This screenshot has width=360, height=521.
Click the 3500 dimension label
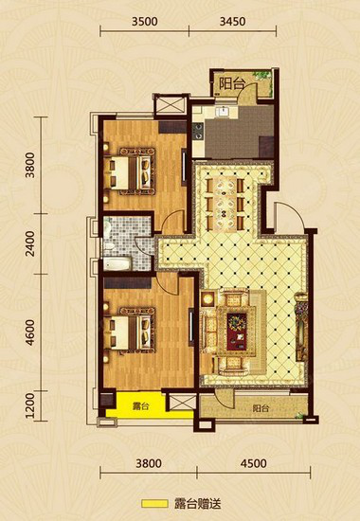coord(144,22)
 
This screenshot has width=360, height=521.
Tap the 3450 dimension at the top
coord(233,22)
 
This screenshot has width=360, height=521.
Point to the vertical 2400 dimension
coord(30,243)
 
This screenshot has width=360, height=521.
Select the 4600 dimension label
coord(30,332)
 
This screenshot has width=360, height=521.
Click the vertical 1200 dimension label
coord(30,406)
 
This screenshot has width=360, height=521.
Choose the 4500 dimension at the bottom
coord(254,463)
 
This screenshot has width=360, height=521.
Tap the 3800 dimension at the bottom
coord(149,463)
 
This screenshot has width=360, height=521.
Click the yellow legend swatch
coord(154,504)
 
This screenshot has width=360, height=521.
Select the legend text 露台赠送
coord(197,504)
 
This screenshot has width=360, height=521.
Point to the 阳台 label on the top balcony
coord(232,84)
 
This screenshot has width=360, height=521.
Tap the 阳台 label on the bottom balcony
coord(261,408)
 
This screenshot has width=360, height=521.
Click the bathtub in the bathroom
coord(117,264)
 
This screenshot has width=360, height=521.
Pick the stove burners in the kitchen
coord(198,131)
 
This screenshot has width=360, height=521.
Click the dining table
coord(225,204)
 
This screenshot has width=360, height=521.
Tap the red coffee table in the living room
coord(237,332)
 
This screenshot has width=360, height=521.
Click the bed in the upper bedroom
coord(130,171)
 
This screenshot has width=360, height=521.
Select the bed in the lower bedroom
coord(130,331)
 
